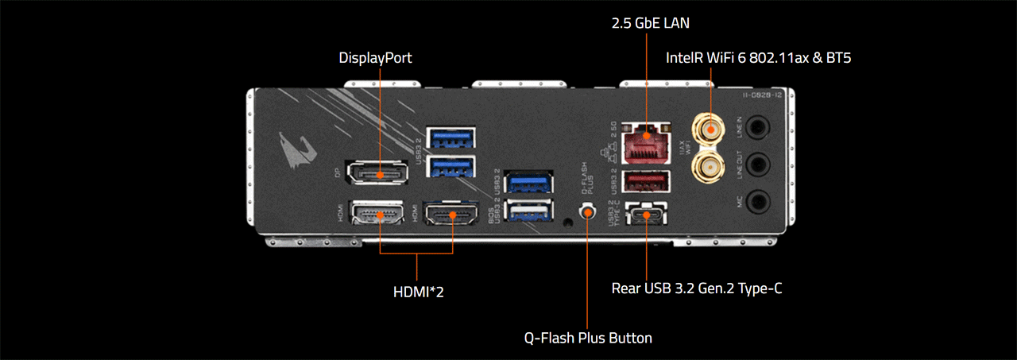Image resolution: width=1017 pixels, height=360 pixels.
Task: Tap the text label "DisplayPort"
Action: coord(375,58)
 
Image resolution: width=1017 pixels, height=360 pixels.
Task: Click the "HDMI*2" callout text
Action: coord(419,292)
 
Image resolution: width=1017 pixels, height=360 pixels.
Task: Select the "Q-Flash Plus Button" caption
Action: coord(588,338)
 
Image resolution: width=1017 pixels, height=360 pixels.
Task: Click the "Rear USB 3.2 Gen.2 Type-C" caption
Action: coord(696,288)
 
